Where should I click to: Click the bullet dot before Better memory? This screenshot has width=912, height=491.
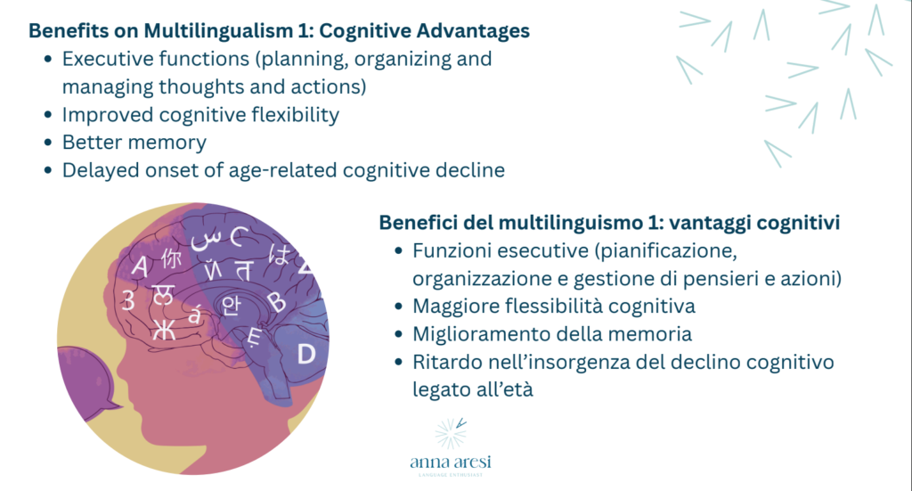47,143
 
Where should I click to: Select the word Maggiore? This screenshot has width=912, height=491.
454,306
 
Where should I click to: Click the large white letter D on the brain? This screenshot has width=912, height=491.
305,355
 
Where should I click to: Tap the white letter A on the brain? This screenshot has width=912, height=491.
140,266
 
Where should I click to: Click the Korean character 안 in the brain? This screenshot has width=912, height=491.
232,303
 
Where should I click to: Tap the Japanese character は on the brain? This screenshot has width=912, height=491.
279,257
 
